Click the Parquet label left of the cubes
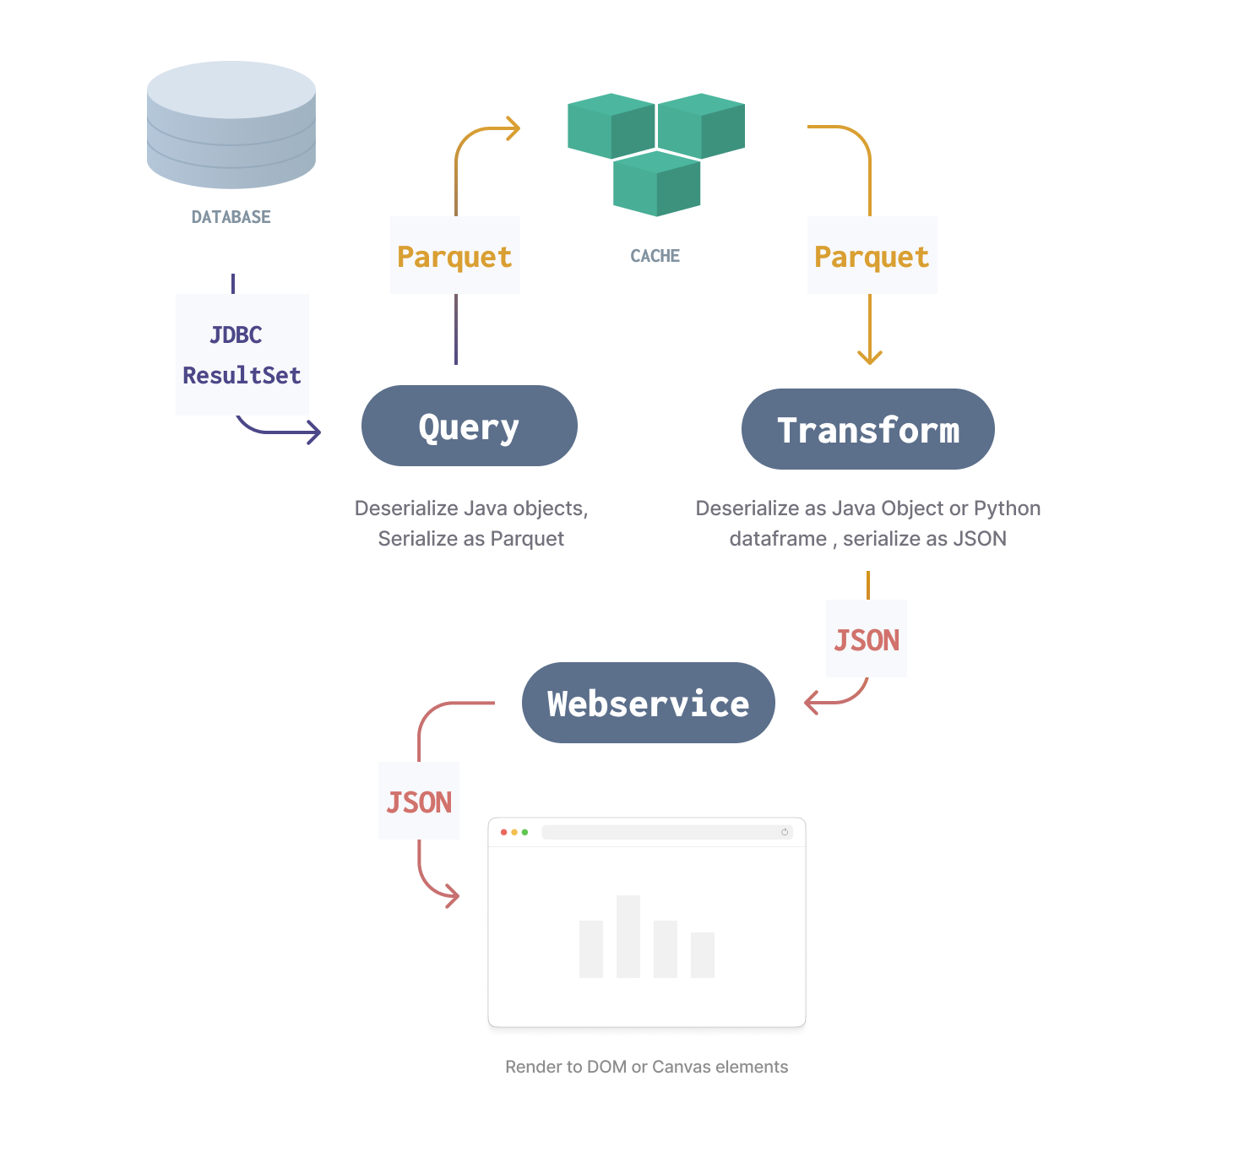[x=454, y=257]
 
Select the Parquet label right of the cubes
[x=872, y=257]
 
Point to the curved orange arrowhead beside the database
[x=517, y=133]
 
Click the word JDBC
[x=236, y=335]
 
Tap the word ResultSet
[x=242, y=375]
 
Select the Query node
[x=470, y=428]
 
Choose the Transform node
[x=868, y=431]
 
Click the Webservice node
[x=649, y=704]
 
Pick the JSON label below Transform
[x=867, y=640]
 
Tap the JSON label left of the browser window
[x=419, y=802]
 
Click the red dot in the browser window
[x=504, y=833]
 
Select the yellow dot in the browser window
[x=514, y=833]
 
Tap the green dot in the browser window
[x=524, y=833]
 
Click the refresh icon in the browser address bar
[x=785, y=833]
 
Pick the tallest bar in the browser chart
[x=628, y=936]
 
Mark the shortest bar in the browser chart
[x=703, y=954]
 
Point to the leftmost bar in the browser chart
[x=591, y=948]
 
